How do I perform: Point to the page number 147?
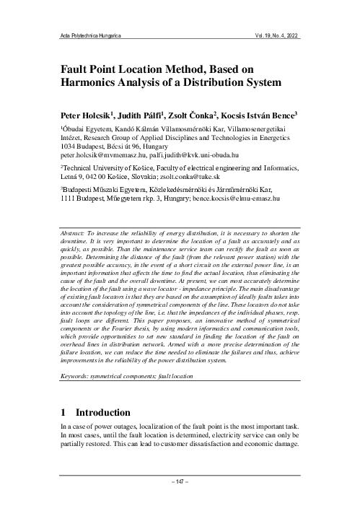pos(179,480)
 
